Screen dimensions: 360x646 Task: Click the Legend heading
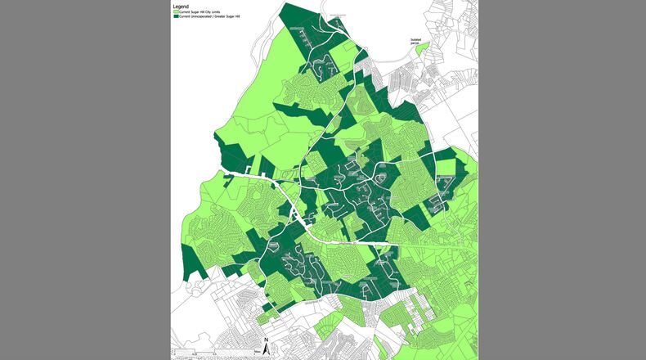coord(181,7)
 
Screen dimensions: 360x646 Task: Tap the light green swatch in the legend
coord(176,12)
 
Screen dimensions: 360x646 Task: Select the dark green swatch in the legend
coord(176,16)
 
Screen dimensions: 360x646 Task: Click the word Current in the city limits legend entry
coord(184,12)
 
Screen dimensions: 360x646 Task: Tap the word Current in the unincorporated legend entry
coord(184,16)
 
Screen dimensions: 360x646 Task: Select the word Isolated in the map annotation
coord(415,38)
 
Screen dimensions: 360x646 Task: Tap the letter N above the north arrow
coord(267,339)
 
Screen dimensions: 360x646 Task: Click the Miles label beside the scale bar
coord(257,350)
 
